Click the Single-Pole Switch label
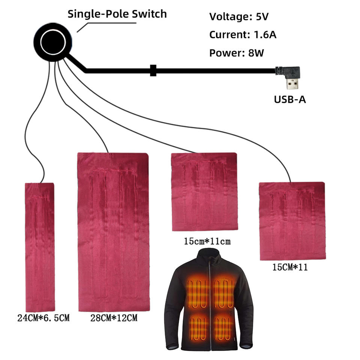[117, 14]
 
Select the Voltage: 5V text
[239, 17]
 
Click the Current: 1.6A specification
[243, 35]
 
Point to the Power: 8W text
[236, 53]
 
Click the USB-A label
[289, 100]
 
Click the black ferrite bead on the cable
[153, 70]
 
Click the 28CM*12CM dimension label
[114, 318]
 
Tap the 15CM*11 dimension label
[291, 268]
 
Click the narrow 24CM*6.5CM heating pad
[39, 247]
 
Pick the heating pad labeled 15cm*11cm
[204, 192]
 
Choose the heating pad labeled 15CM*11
[292, 221]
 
